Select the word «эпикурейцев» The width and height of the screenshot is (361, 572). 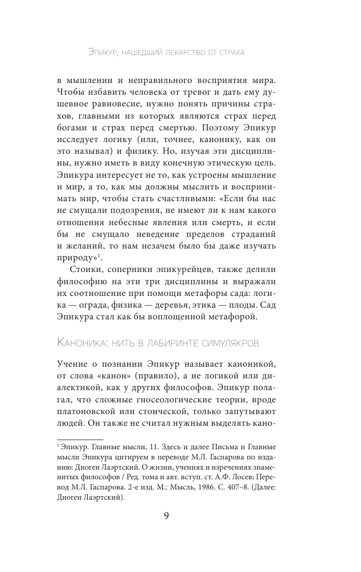tap(172, 274)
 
